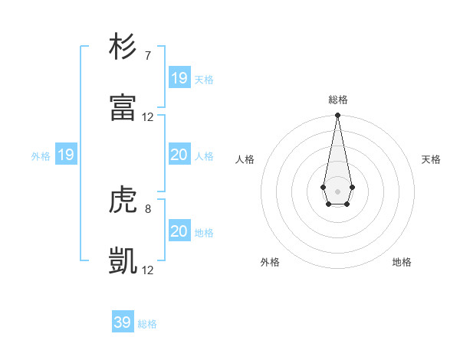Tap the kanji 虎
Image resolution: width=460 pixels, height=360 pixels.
(123, 200)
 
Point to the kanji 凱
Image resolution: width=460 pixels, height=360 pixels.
(123, 261)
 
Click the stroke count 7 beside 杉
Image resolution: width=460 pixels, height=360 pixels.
(147, 55)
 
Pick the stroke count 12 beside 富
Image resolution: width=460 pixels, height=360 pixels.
(148, 117)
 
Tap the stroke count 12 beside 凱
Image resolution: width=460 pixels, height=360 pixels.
(148, 270)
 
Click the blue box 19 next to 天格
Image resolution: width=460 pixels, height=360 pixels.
(179, 78)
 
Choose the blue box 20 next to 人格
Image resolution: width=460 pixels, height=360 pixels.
(179, 155)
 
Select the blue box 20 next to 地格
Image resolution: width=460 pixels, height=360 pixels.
(179, 231)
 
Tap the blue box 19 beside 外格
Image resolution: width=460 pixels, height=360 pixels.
(66, 155)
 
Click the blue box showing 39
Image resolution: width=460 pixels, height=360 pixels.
(122, 322)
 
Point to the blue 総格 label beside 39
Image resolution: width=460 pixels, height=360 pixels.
(147, 324)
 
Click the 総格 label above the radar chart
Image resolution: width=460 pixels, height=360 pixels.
(337, 100)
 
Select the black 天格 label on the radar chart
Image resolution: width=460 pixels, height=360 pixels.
(431, 159)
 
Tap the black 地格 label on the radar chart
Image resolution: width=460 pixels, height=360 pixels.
(402, 262)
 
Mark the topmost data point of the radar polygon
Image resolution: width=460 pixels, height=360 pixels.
(337, 116)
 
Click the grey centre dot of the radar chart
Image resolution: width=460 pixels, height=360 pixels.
(337, 191)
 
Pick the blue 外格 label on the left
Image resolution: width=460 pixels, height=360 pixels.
(41, 156)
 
